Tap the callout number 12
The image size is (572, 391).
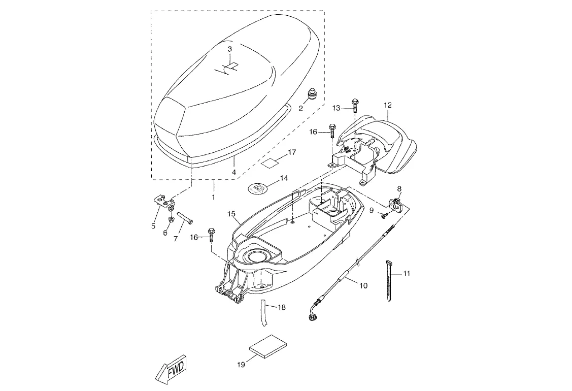[387, 105]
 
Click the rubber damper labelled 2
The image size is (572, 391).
[312, 93]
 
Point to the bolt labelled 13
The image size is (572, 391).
[354, 105]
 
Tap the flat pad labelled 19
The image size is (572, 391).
[267, 345]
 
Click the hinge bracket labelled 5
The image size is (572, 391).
[163, 202]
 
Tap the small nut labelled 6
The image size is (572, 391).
[170, 219]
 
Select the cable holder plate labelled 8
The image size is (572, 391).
[395, 203]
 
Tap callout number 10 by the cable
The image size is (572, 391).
[363, 285]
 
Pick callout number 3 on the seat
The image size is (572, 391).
[229, 49]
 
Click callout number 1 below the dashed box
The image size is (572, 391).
[213, 197]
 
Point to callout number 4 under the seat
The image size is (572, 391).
[234, 172]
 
